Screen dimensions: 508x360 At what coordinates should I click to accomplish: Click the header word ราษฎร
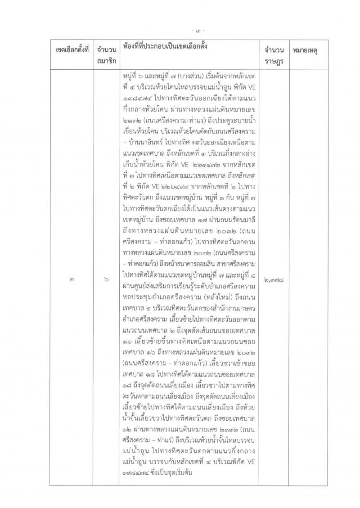(x=270, y=58)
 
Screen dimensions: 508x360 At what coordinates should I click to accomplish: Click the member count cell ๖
(x=106, y=279)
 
